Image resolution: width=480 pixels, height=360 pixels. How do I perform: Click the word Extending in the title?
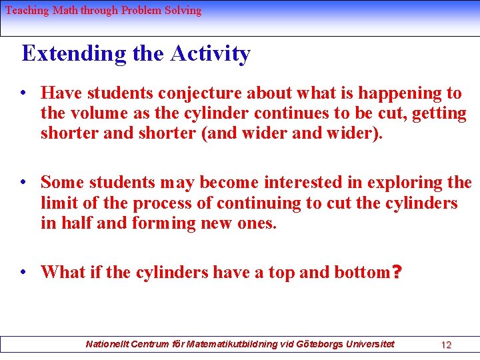point(74,53)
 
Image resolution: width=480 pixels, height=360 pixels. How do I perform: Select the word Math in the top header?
point(65,10)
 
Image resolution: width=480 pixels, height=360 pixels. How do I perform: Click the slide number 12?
point(446,345)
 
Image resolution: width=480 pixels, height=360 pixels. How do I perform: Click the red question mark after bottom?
point(397,272)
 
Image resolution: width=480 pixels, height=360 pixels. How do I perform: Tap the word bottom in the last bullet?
point(362,272)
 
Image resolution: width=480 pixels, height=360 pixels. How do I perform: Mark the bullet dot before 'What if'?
point(23,272)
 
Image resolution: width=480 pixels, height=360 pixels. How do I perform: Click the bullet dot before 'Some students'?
point(23,182)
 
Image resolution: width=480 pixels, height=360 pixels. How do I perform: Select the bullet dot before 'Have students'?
point(23,93)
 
